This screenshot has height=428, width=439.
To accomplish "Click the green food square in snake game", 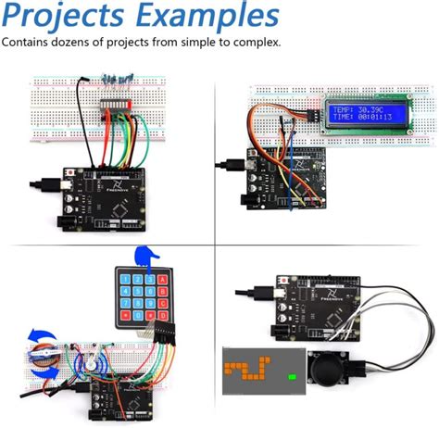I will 292,376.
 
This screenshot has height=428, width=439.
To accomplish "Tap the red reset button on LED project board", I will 71,173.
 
